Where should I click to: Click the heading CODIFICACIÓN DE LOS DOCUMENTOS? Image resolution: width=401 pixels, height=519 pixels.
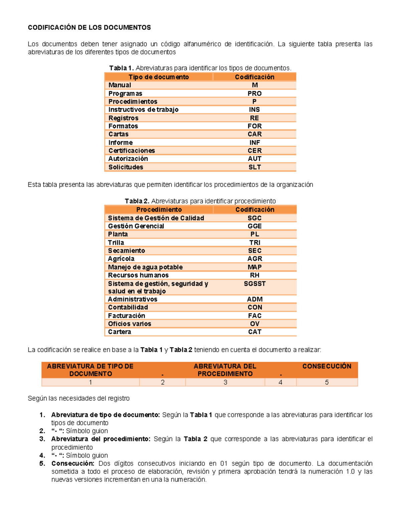[x=89, y=27]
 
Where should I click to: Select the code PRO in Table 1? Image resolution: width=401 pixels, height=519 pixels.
[x=254, y=94]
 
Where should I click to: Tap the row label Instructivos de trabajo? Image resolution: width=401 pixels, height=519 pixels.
[x=143, y=110]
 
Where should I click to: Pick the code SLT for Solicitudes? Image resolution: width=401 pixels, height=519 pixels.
[x=254, y=167]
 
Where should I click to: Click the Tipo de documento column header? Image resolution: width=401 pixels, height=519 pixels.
[x=159, y=77]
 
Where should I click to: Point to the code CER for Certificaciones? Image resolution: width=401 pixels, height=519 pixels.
[x=254, y=151]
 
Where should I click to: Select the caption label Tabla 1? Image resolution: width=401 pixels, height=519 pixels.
[x=121, y=68]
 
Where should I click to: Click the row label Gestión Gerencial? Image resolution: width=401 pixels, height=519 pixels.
[x=136, y=226]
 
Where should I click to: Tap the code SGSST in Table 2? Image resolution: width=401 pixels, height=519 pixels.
[x=254, y=284]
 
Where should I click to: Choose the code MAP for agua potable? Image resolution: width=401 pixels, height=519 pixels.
[x=254, y=267]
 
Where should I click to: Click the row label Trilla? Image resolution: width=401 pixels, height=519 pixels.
[x=116, y=243]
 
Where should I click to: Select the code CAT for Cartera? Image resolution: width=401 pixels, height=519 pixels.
[x=254, y=332]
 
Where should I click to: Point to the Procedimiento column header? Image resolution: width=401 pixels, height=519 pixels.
[x=159, y=210]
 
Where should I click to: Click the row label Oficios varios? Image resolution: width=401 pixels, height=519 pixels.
[x=130, y=324]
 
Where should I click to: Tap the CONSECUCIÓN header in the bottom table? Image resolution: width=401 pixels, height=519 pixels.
[x=326, y=366]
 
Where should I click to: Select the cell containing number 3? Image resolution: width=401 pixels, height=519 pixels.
[x=225, y=382]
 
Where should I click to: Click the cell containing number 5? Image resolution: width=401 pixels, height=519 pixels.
[x=326, y=382]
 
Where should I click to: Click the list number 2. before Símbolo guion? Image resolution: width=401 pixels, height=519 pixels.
[x=42, y=431]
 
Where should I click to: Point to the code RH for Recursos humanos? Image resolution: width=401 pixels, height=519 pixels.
[x=254, y=275]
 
